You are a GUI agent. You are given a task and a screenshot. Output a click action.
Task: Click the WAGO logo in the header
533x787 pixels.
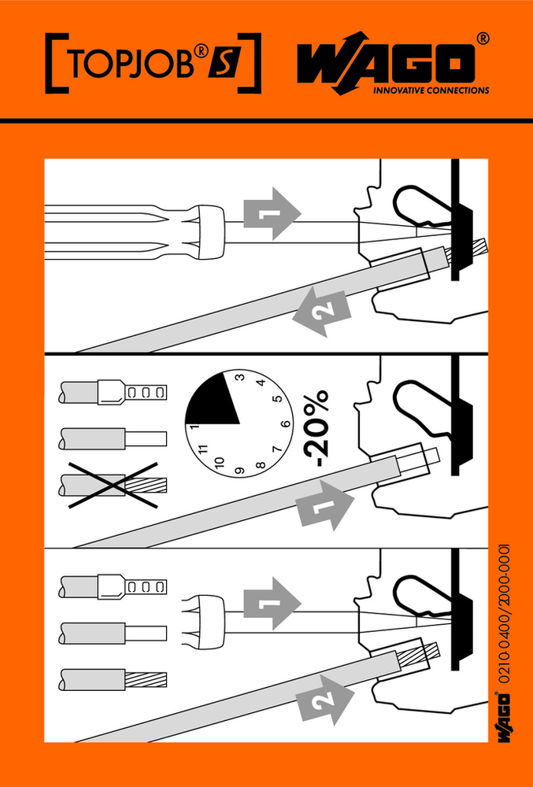pyautogui.click(x=393, y=64)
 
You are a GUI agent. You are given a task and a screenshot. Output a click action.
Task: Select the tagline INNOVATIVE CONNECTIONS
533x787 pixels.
pyautogui.click(x=431, y=91)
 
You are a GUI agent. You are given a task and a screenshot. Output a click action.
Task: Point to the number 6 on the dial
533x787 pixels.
pyautogui.click(x=287, y=423)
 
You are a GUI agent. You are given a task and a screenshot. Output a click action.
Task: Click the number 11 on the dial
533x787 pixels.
pyautogui.click(x=204, y=449)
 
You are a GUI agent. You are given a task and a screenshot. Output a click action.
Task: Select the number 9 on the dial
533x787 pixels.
pyautogui.click(x=239, y=471)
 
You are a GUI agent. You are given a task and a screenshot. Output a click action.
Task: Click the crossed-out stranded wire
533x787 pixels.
pyautogui.click(x=113, y=484)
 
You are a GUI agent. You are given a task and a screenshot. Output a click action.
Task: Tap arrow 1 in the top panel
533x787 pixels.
pyautogui.click(x=272, y=213)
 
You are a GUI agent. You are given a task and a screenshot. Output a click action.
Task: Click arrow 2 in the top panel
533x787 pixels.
pyautogui.click(x=322, y=312)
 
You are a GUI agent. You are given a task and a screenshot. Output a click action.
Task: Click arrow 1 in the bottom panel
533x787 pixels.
pyautogui.click(x=272, y=602)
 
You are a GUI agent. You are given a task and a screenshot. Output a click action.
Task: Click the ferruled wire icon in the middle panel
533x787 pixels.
pyautogui.click(x=113, y=390)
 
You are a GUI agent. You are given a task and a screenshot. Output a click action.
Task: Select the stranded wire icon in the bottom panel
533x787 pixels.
pyautogui.click(x=113, y=680)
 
